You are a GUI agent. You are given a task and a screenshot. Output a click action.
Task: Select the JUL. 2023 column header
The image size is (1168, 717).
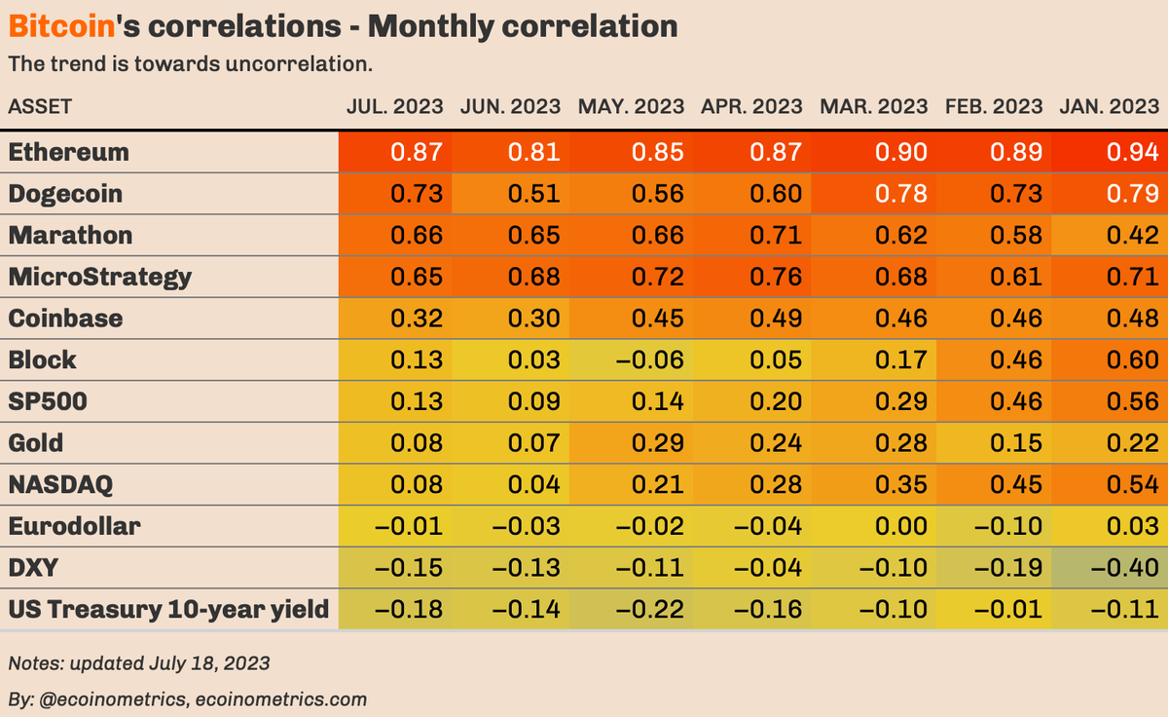tap(395, 106)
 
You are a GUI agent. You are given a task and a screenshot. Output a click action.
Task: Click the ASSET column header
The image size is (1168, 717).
tap(40, 106)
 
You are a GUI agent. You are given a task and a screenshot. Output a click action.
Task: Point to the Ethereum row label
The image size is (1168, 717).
tap(68, 152)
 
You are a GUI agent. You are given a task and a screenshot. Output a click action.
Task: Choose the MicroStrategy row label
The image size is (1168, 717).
tap(99, 277)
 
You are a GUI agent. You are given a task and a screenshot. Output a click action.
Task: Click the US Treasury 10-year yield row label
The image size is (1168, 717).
tap(167, 610)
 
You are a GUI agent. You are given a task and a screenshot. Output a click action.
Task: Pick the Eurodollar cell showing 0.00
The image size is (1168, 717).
tap(894, 527)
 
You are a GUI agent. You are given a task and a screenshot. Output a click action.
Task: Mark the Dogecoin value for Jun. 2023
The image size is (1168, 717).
tap(533, 194)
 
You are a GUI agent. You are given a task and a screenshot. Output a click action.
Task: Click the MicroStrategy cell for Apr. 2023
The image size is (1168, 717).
tap(775, 277)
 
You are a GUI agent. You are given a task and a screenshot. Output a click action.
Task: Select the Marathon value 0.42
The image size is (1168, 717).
tap(1132, 236)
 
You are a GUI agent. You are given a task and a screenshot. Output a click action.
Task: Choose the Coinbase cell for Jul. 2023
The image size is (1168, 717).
tap(417, 319)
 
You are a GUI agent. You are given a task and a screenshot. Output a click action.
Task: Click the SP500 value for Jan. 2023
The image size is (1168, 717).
tap(1132, 401)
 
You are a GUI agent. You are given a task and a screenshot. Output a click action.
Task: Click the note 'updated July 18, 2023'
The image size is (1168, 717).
tap(138, 663)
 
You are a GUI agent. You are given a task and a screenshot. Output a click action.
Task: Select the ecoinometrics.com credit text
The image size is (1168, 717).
tap(280, 698)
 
